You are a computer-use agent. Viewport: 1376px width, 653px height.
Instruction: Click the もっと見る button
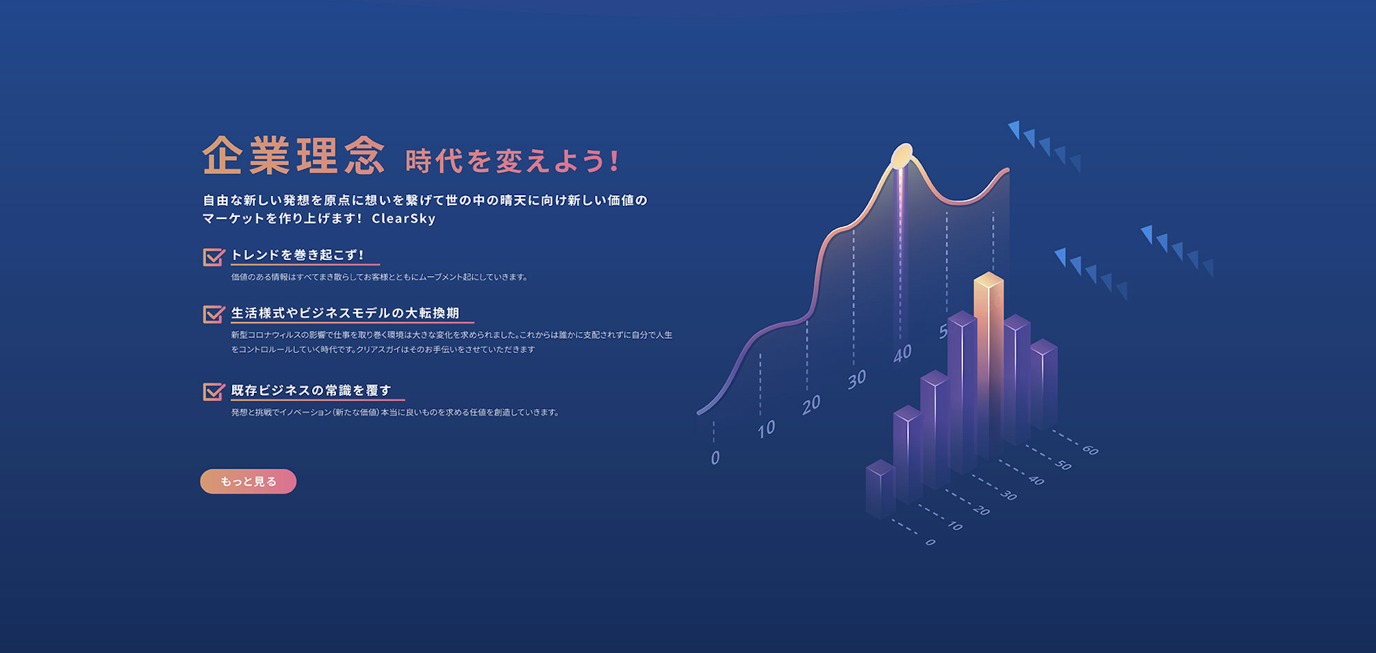(248, 481)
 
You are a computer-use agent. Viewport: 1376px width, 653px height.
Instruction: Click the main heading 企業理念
(294, 155)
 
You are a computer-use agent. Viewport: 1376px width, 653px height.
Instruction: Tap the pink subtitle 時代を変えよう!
(512, 162)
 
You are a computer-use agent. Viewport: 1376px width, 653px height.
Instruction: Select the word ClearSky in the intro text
(404, 218)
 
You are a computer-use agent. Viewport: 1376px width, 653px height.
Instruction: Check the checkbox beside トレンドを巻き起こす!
(214, 257)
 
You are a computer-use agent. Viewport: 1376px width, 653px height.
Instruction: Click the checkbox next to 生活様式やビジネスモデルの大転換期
(214, 314)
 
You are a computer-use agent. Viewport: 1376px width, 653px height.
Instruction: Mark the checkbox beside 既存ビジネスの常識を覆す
(214, 392)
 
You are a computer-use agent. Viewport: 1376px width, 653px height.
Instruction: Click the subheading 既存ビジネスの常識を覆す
(311, 390)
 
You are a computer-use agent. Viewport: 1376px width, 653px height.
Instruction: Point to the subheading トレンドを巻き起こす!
(297, 255)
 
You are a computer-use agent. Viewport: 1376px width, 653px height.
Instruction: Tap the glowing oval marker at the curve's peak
(902, 155)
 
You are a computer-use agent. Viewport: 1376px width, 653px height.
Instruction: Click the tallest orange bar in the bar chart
(989, 363)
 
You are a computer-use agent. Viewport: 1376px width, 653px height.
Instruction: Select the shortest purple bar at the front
(880, 489)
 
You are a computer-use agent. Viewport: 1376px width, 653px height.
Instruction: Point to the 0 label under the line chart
(715, 457)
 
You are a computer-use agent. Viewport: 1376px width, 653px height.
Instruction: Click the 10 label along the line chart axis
(766, 429)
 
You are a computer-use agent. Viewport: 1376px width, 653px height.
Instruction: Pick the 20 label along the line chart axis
(811, 405)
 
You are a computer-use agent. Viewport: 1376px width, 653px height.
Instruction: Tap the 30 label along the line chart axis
(856, 379)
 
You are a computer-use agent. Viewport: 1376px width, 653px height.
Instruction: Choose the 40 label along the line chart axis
(902, 353)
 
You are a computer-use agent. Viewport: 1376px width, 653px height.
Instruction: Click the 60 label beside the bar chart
(1091, 450)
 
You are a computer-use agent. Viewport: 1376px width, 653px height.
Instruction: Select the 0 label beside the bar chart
(930, 542)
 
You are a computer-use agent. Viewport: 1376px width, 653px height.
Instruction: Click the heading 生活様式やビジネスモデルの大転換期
(345, 313)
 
